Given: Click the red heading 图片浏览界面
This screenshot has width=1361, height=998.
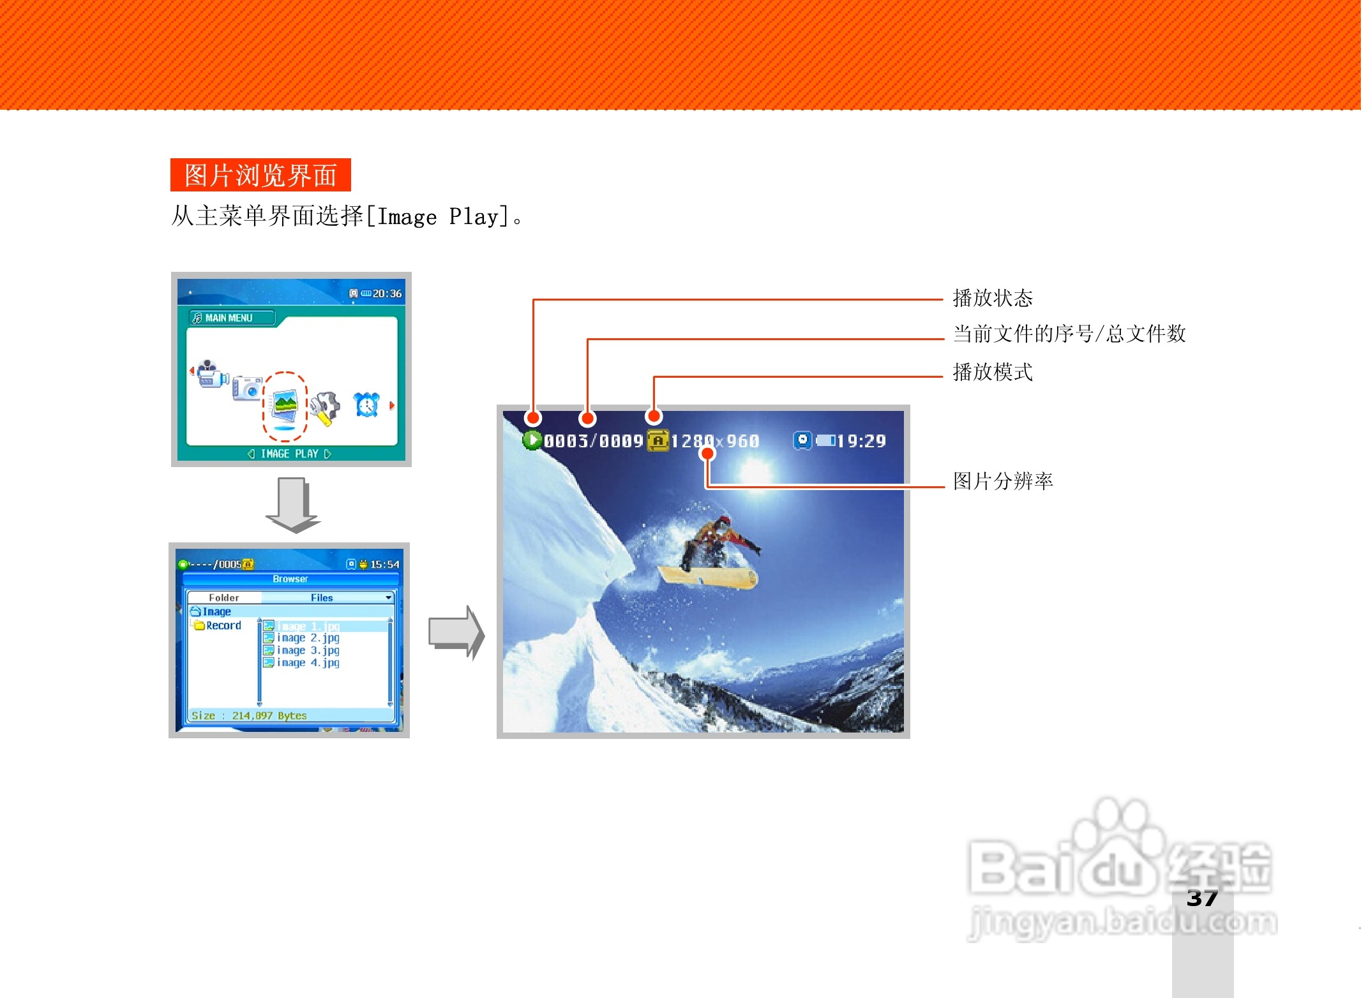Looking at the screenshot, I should pos(260,175).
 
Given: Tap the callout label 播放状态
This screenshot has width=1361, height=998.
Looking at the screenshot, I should pos(992,298).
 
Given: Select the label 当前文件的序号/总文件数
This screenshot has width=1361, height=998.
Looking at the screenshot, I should pos(1069,334).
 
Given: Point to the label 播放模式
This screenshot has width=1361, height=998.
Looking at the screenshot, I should pos(992,372).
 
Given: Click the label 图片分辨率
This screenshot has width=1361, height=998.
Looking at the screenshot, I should pos(1002,481).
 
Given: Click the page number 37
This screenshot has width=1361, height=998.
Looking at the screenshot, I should pos(1202,898).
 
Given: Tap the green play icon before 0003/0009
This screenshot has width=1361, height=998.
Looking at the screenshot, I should pos(531,440).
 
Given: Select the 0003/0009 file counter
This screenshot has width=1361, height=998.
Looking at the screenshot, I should pos(593,441).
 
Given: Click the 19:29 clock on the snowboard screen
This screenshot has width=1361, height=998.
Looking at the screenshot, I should pos(861,441).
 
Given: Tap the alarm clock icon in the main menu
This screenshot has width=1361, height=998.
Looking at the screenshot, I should pos(366,405).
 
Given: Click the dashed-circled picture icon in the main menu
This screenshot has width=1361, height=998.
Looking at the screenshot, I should pos(285,406).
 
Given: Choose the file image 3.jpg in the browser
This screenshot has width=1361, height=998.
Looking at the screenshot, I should pos(308,650).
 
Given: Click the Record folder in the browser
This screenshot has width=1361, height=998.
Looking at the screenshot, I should pos(223,625).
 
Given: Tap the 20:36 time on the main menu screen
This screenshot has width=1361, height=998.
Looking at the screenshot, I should pos(387,294).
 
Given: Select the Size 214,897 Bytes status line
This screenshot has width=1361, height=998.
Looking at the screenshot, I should pos(249,715).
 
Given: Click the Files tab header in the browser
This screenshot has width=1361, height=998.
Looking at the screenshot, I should pos(322,598).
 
